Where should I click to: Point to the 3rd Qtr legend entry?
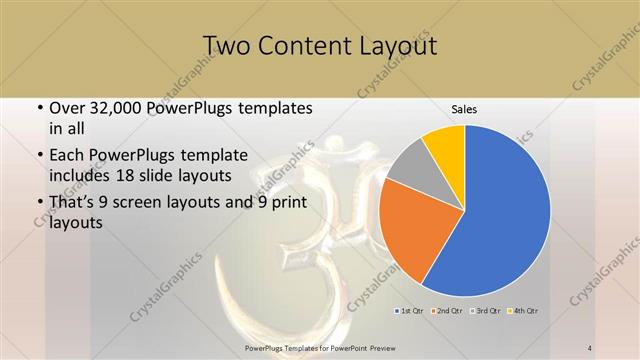pyautogui.click(x=486, y=311)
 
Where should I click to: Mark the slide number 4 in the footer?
pyautogui.click(x=590, y=347)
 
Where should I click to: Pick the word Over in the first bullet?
pyautogui.click(x=67, y=107)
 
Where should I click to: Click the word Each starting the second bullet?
pyautogui.click(x=67, y=156)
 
